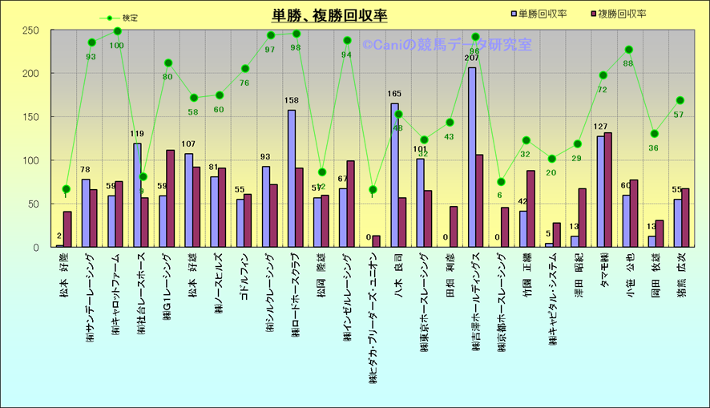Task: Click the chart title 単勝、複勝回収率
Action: point(329,15)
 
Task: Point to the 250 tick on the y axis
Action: point(31,30)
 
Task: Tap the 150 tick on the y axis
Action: point(31,117)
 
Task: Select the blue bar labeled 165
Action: point(395,176)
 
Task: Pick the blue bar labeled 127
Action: point(600,192)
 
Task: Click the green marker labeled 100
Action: point(117,31)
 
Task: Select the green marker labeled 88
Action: point(629,50)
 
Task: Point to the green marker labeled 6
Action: point(501,182)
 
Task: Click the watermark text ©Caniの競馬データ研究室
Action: point(446,46)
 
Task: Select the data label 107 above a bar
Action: point(189,144)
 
